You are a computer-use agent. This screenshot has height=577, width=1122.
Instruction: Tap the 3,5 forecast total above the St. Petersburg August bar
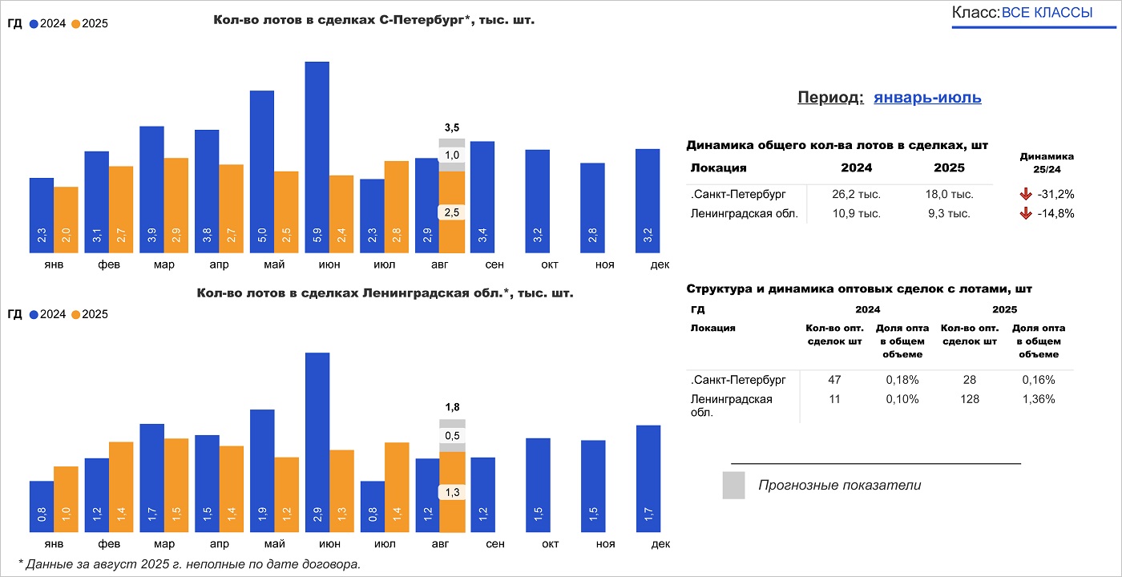[452, 127]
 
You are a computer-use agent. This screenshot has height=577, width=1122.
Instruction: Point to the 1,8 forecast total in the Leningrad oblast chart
[452, 407]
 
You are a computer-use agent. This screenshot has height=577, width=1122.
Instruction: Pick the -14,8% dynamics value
[1055, 214]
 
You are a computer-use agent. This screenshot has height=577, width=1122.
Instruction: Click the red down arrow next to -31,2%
[1025, 194]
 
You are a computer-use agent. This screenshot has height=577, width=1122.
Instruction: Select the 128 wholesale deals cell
[970, 399]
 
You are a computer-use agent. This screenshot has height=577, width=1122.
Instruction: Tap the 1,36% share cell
[1039, 399]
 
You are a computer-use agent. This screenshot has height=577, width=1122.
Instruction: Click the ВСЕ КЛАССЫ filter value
[1047, 13]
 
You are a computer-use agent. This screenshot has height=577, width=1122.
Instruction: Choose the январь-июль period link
[927, 98]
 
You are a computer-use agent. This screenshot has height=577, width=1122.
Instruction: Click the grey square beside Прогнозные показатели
[733, 486]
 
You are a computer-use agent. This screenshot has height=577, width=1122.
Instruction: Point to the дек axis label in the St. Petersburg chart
[660, 264]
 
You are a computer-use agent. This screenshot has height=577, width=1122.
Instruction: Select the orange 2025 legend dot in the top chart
[76, 24]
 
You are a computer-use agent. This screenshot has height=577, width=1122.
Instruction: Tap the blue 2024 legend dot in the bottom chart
[34, 315]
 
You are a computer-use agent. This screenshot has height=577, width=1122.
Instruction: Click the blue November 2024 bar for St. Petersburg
[593, 208]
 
